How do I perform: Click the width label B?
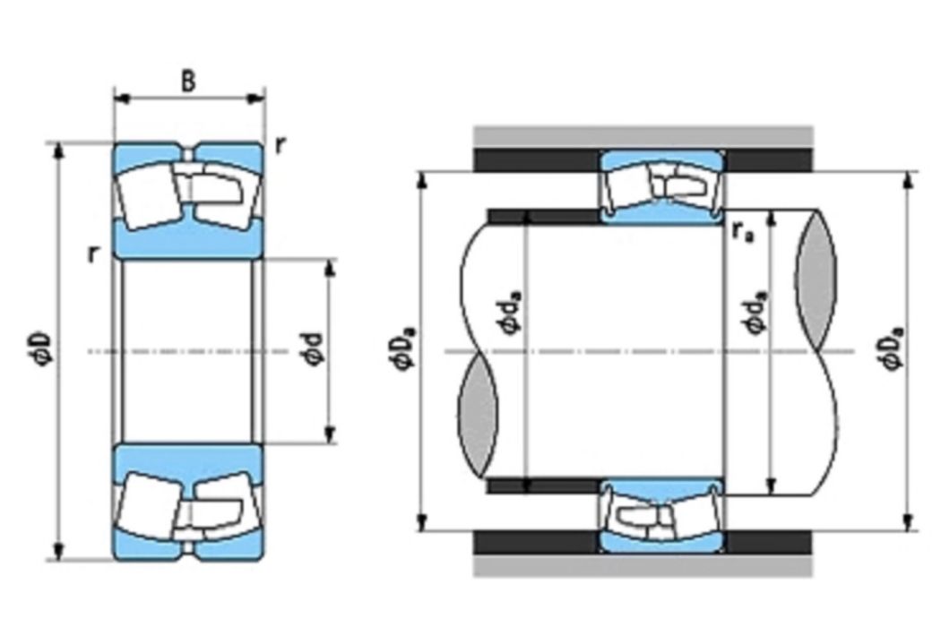point(188,81)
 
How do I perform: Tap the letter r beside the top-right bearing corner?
point(281,144)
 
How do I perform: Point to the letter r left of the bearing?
point(92,255)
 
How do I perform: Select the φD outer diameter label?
point(45,351)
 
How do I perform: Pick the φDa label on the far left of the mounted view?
point(403,350)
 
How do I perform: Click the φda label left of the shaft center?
point(511,312)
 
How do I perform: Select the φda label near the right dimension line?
point(755,312)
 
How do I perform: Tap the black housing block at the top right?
point(769,160)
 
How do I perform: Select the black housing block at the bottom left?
point(537,542)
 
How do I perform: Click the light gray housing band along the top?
point(643,137)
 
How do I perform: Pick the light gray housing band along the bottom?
point(643,564)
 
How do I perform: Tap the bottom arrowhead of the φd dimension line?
point(330,435)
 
